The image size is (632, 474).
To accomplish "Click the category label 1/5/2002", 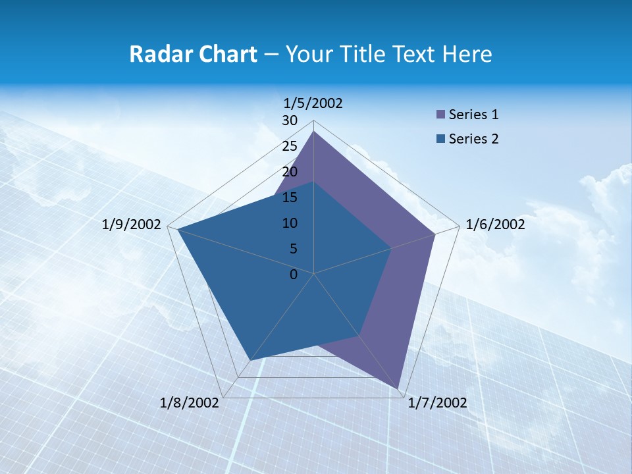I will (313, 103).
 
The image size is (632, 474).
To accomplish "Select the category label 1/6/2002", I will (495, 224).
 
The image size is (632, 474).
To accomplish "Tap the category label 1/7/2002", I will (437, 403).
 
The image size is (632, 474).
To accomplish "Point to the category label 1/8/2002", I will (190, 403).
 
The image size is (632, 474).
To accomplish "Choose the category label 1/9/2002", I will (132, 224).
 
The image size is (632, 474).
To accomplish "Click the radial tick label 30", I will (290, 120).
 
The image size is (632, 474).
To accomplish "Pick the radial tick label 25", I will (290, 146).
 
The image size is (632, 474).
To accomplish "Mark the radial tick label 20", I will (290, 172).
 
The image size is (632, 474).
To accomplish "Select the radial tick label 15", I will (290, 197).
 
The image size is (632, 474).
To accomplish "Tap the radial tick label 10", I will (290, 223).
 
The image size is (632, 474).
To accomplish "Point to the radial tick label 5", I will (293, 249).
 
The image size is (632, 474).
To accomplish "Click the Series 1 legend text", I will (473, 115).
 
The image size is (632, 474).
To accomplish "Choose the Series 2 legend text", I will (473, 139).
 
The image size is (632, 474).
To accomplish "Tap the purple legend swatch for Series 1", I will (441, 115).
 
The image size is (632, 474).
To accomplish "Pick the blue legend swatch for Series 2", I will (441, 139).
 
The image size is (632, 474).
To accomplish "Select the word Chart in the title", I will (225, 54).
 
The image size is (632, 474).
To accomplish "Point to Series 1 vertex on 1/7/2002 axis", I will (398, 389).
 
